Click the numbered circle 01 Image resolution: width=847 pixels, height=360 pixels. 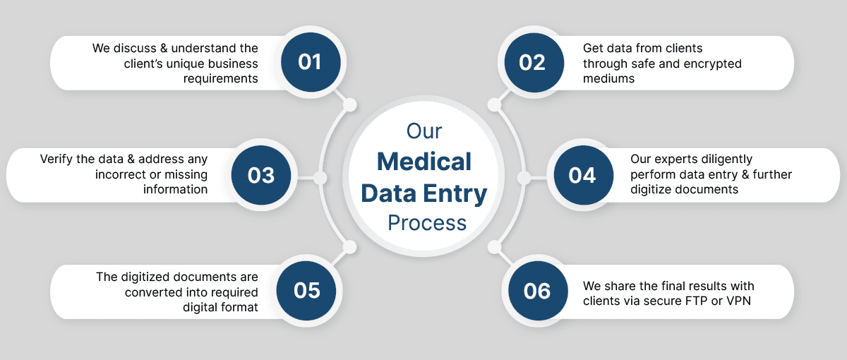coord(310,62)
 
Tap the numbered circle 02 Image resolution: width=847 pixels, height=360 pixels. coord(532,62)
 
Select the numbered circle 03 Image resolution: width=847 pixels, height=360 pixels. coord(260,175)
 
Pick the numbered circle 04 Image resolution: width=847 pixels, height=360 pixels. coord(582,175)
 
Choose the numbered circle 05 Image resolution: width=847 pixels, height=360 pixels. coord(307,290)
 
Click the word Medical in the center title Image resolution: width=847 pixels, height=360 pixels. coord(424,162)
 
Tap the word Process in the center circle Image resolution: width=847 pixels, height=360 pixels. coord(427,222)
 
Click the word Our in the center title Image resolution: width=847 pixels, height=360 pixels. coord(424,131)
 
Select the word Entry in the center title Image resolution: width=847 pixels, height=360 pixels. coord(458,193)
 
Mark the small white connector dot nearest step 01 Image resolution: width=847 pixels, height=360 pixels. coord(349,105)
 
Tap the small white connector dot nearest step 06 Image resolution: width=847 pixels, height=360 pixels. coord(495,246)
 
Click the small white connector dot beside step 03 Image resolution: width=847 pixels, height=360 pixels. coord(319,176)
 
